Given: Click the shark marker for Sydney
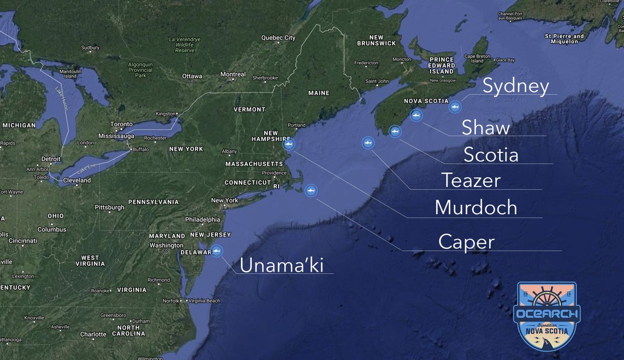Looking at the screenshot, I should (x=455, y=107).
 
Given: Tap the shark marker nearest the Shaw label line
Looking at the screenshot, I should (x=415, y=115).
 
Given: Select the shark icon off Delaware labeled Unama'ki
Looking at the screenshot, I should (x=216, y=251).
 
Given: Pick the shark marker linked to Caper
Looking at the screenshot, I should (x=311, y=191).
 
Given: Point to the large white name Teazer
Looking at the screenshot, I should (x=471, y=181).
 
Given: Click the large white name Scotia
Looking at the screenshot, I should (x=490, y=155).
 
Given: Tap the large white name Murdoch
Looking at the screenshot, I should (x=476, y=208).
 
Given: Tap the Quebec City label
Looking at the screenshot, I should (x=278, y=37).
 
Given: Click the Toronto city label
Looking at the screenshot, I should (x=122, y=124).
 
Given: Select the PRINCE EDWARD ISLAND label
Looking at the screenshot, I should (x=441, y=66).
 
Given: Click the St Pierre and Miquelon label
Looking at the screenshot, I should (x=564, y=38).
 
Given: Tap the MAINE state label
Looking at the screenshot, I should (x=319, y=93).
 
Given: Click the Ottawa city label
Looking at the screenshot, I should (x=191, y=76).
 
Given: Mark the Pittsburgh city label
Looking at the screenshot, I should (x=110, y=207).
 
